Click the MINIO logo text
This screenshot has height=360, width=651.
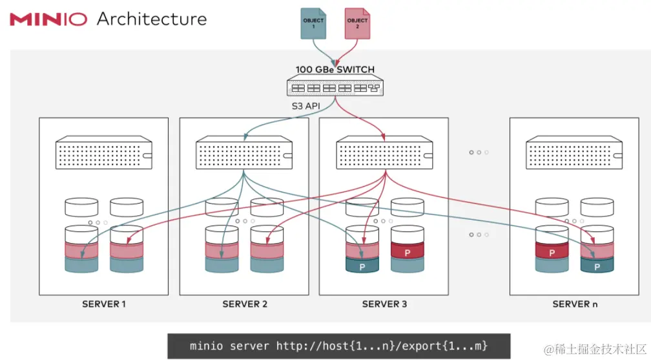(48, 19)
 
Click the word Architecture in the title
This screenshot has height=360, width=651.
(152, 19)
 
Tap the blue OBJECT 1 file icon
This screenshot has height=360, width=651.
(314, 23)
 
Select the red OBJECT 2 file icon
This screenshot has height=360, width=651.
(357, 23)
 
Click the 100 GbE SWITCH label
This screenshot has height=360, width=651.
(335, 69)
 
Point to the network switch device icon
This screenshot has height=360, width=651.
(335, 87)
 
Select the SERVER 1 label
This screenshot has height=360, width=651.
(104, 304)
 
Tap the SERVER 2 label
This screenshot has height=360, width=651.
(244, 304)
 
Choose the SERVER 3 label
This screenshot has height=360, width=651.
(384, 304)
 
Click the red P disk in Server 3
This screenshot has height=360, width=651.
(407, 251)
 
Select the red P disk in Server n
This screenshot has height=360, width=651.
(552, 251)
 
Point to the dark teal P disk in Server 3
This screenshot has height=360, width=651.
(362, 266)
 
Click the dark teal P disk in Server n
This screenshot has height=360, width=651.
(597, 265)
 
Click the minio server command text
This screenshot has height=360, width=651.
(339, 346)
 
